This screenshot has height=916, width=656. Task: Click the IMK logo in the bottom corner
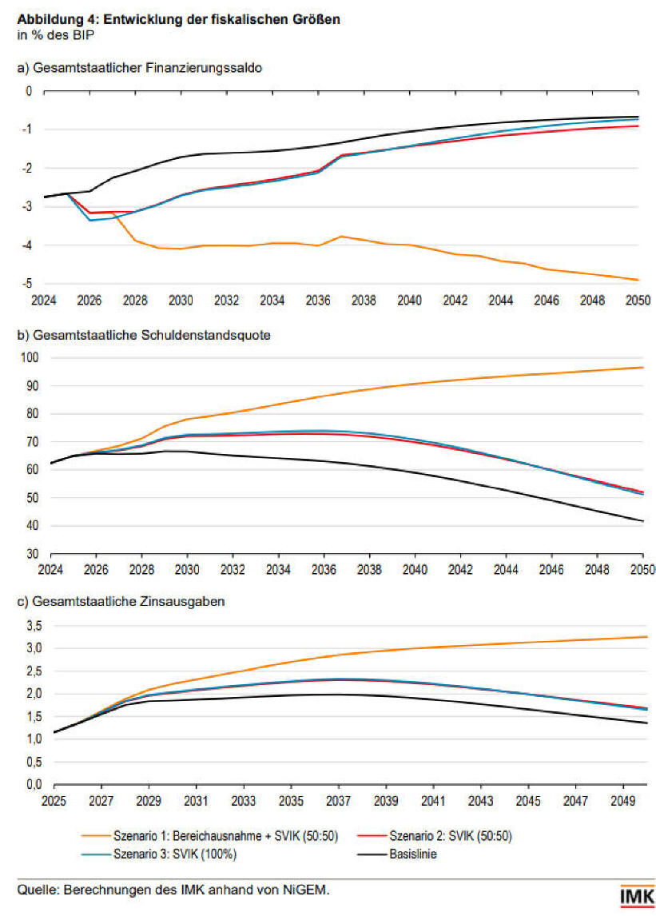coord(637,897)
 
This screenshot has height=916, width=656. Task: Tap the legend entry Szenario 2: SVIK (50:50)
coord(451,837)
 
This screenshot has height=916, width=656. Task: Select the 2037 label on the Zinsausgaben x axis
coord(338,800)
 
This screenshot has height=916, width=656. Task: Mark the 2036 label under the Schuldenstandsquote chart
coord(324,570)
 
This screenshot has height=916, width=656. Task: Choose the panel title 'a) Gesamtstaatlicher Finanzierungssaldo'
coord(140,68)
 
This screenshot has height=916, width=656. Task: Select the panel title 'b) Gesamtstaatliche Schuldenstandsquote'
coord(144,335)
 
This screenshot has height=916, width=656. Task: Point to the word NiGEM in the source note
coord(308,889)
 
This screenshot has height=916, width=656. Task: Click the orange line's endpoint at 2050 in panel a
coord(638,280)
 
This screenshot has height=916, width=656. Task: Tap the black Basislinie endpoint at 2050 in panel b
coord(642,521)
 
